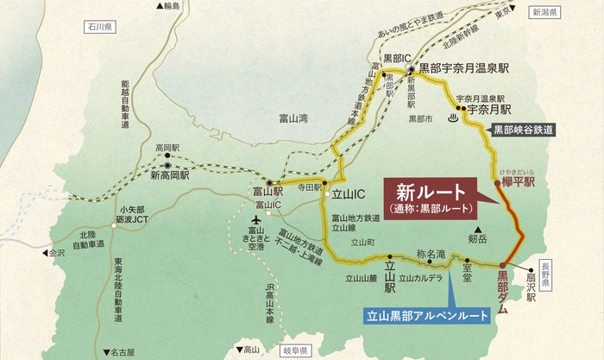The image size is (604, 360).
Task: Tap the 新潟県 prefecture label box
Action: click(546, 13)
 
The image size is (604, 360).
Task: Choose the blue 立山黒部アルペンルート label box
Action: click(426, 316)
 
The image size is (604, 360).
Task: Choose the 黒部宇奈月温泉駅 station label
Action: click(466, 67)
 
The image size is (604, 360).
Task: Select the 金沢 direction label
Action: click(54, 254)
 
